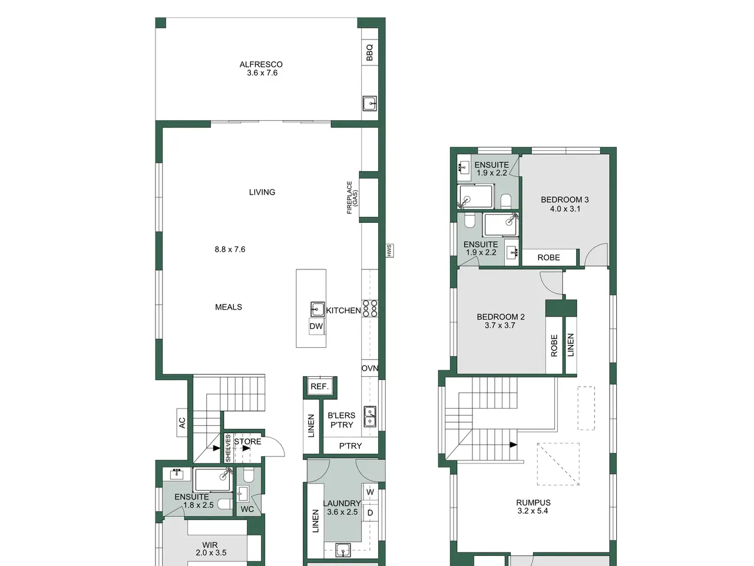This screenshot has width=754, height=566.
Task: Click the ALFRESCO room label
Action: coord(261,64)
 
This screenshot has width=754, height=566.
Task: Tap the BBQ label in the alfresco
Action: coord(369,52)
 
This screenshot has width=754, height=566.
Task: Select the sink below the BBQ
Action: coord(369,103)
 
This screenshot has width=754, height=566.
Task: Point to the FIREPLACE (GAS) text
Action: coord(352,198)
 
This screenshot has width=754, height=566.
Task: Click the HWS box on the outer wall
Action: coord(389,251)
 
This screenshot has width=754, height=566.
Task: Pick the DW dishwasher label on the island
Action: coord(316,326)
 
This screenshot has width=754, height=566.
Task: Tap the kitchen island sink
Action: coord(318,310)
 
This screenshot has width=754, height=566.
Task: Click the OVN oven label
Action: coord(369,368)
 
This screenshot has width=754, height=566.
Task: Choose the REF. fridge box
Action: coord(320,387)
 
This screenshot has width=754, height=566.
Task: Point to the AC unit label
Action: coord(182,422)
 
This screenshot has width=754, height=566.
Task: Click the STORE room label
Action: coord(247,441)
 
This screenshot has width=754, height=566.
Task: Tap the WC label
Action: coord(247,509)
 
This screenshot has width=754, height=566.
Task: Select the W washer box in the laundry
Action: coord(370,492)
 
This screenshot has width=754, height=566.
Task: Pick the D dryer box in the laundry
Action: coord(370,513)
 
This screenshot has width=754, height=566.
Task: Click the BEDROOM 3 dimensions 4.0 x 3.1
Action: coord(565,209)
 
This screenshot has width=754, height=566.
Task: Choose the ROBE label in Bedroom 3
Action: coord(548,258)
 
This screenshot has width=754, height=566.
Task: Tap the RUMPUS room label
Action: coord(533,502)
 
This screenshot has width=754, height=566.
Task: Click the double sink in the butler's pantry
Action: coord(370,416)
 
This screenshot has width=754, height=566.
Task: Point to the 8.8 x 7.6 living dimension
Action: coord(230,249)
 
